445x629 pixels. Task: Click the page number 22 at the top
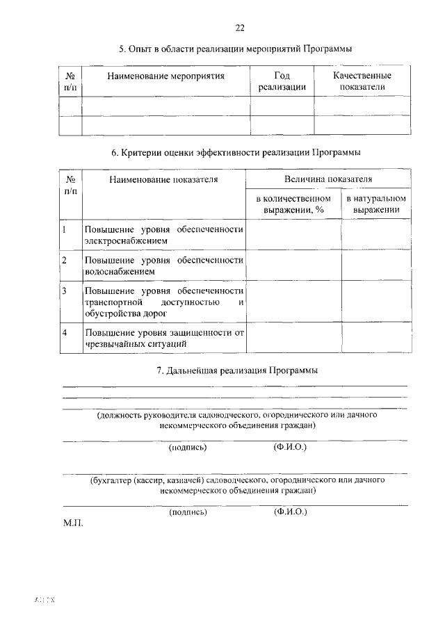click(239, 28)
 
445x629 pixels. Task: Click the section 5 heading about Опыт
click(235, 49)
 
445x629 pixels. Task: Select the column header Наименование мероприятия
click(165, 76)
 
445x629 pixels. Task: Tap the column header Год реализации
click(282, 81)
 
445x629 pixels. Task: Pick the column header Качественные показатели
click(362, 81)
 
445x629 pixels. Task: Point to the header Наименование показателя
click(163, 179)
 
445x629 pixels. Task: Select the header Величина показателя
click(327, 179)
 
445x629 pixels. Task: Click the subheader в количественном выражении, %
click(292, 205)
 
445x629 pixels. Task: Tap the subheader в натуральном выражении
click(375, 205)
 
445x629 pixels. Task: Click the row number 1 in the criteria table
click(64, 229)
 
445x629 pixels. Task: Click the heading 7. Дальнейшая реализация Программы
click(236, 371)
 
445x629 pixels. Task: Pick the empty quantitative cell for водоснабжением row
click(292, 266)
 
